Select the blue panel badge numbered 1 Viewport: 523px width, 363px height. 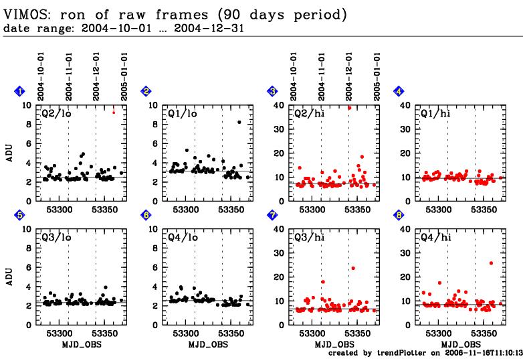click(x=19, y=92)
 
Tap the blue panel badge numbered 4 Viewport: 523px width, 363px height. click(x=398, y=92)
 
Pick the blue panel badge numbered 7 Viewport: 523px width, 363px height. click(x=272, y=215)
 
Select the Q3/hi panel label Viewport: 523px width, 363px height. click(x=309, y=236)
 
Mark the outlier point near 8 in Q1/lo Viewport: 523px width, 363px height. click(x=239, y=122)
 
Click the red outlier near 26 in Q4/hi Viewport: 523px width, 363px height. click(x=491, y=263)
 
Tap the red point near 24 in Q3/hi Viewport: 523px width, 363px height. click(x=353, y=268)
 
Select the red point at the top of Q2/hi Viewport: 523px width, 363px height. click(x=349, y=107)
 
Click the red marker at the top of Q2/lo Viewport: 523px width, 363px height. click(x=114, y=111)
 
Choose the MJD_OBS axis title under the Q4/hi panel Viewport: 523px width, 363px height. click(x=459, y=344)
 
